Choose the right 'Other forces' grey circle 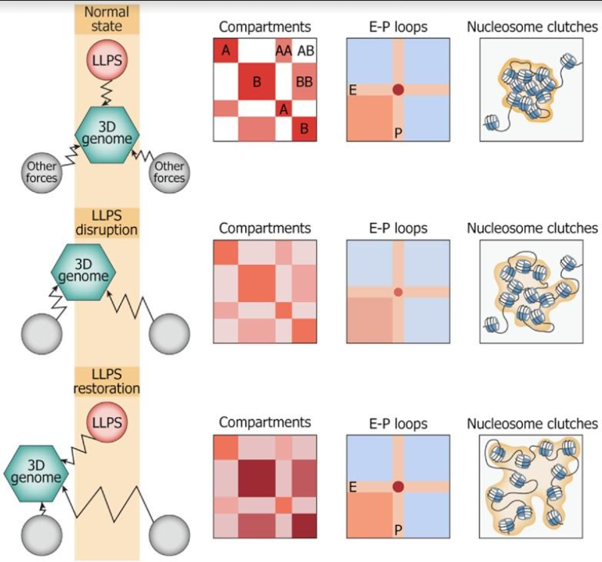coord(168,171)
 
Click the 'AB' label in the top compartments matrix coord(306,51)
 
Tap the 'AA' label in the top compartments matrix coord(284,51)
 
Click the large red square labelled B coord(256,83)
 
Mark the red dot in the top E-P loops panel coord(398,90)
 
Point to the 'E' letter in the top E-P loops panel coord(353,90)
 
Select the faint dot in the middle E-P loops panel coord(398,292)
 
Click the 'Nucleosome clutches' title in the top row coord(533,27)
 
